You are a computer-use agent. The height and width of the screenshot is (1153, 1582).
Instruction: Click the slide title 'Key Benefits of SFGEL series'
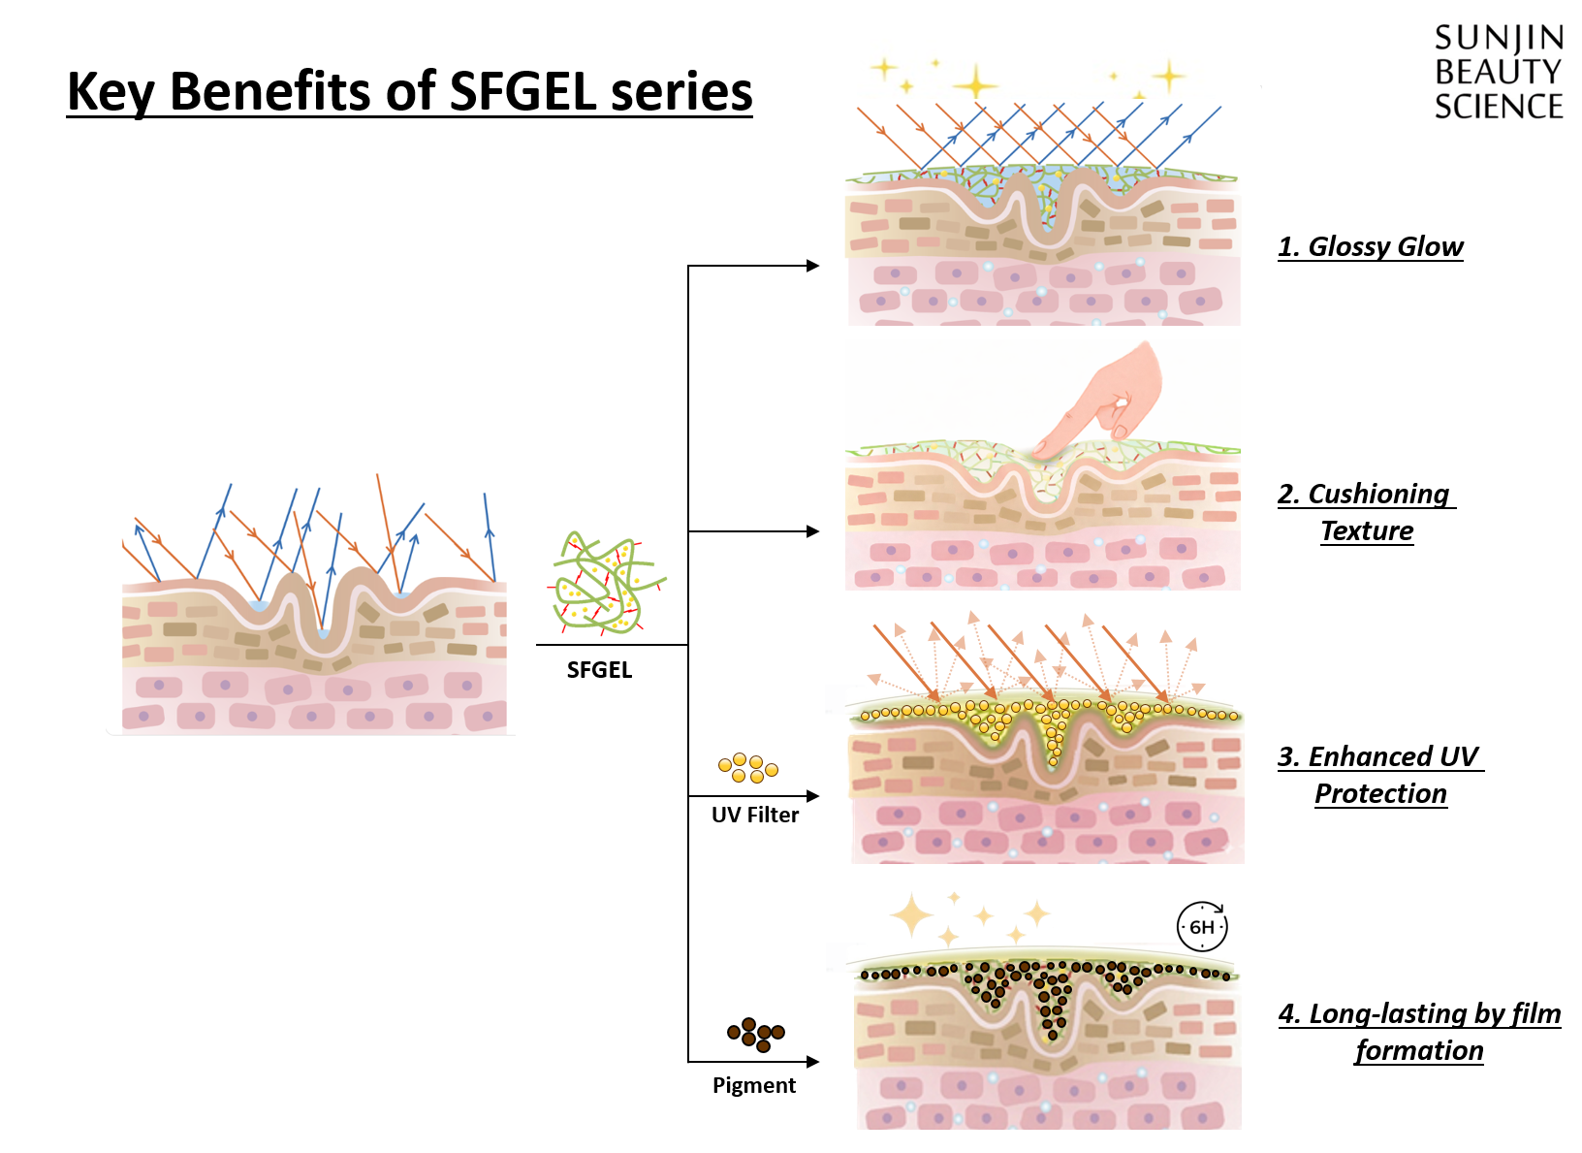click(409, 92)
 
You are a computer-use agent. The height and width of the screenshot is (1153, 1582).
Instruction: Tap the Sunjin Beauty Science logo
click(1498, 73)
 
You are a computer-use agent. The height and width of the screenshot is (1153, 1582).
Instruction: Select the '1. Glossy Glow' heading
click(1370, 246)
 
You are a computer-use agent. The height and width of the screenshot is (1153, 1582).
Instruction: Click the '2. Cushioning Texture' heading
click(1366, 512)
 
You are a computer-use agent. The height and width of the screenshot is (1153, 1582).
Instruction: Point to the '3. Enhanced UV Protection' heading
click(1379, 775)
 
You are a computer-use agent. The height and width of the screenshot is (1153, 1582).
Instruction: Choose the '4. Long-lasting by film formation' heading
click(1419, 1032)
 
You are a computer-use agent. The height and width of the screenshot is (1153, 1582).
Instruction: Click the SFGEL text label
click(599, 670)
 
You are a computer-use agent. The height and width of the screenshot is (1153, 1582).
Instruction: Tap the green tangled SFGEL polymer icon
click(607, 583)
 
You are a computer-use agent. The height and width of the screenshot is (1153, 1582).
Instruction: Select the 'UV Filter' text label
click(755, 815)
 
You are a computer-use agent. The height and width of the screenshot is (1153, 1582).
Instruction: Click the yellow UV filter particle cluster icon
click(748, 768)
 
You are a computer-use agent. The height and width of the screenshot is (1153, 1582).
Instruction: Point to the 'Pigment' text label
click(754, 1085)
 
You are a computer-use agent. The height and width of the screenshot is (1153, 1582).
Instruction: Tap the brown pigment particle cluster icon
click(756, 1034)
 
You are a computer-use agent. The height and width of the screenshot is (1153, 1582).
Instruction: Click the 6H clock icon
click(1202, 927)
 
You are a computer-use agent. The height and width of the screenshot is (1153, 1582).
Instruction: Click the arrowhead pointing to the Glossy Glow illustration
click(813, 266)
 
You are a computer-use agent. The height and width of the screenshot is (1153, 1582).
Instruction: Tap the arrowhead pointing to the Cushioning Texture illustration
click(813, 531)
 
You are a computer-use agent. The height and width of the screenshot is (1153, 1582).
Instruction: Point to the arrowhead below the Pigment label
click(813, 1062)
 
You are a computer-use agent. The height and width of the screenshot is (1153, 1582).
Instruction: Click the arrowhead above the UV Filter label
click(813, 796)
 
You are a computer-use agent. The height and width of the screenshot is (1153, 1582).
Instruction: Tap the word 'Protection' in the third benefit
click(1380, 793)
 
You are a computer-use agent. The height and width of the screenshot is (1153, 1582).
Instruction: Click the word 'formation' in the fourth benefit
click(1419, 1050)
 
